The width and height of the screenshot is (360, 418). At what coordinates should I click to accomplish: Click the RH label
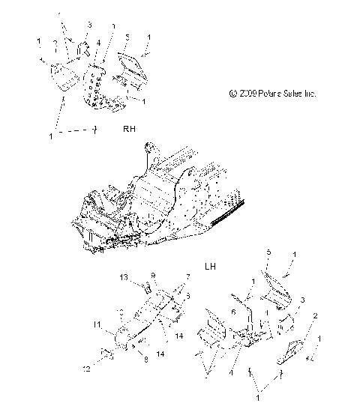tap(129, 129)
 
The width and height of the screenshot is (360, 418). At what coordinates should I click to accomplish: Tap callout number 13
tap(124, 278)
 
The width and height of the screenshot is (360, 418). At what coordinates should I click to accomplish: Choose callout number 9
tap(153, 275)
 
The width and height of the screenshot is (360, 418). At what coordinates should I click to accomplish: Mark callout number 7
tap(177, 276)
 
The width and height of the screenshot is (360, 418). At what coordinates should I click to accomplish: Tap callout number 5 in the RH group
tap(127, 36)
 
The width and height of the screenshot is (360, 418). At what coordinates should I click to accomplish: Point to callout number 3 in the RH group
tap(89, 25)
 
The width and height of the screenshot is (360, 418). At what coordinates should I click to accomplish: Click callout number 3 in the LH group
tap(282, 300)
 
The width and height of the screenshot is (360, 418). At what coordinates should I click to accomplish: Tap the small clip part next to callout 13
tap(147, 288)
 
